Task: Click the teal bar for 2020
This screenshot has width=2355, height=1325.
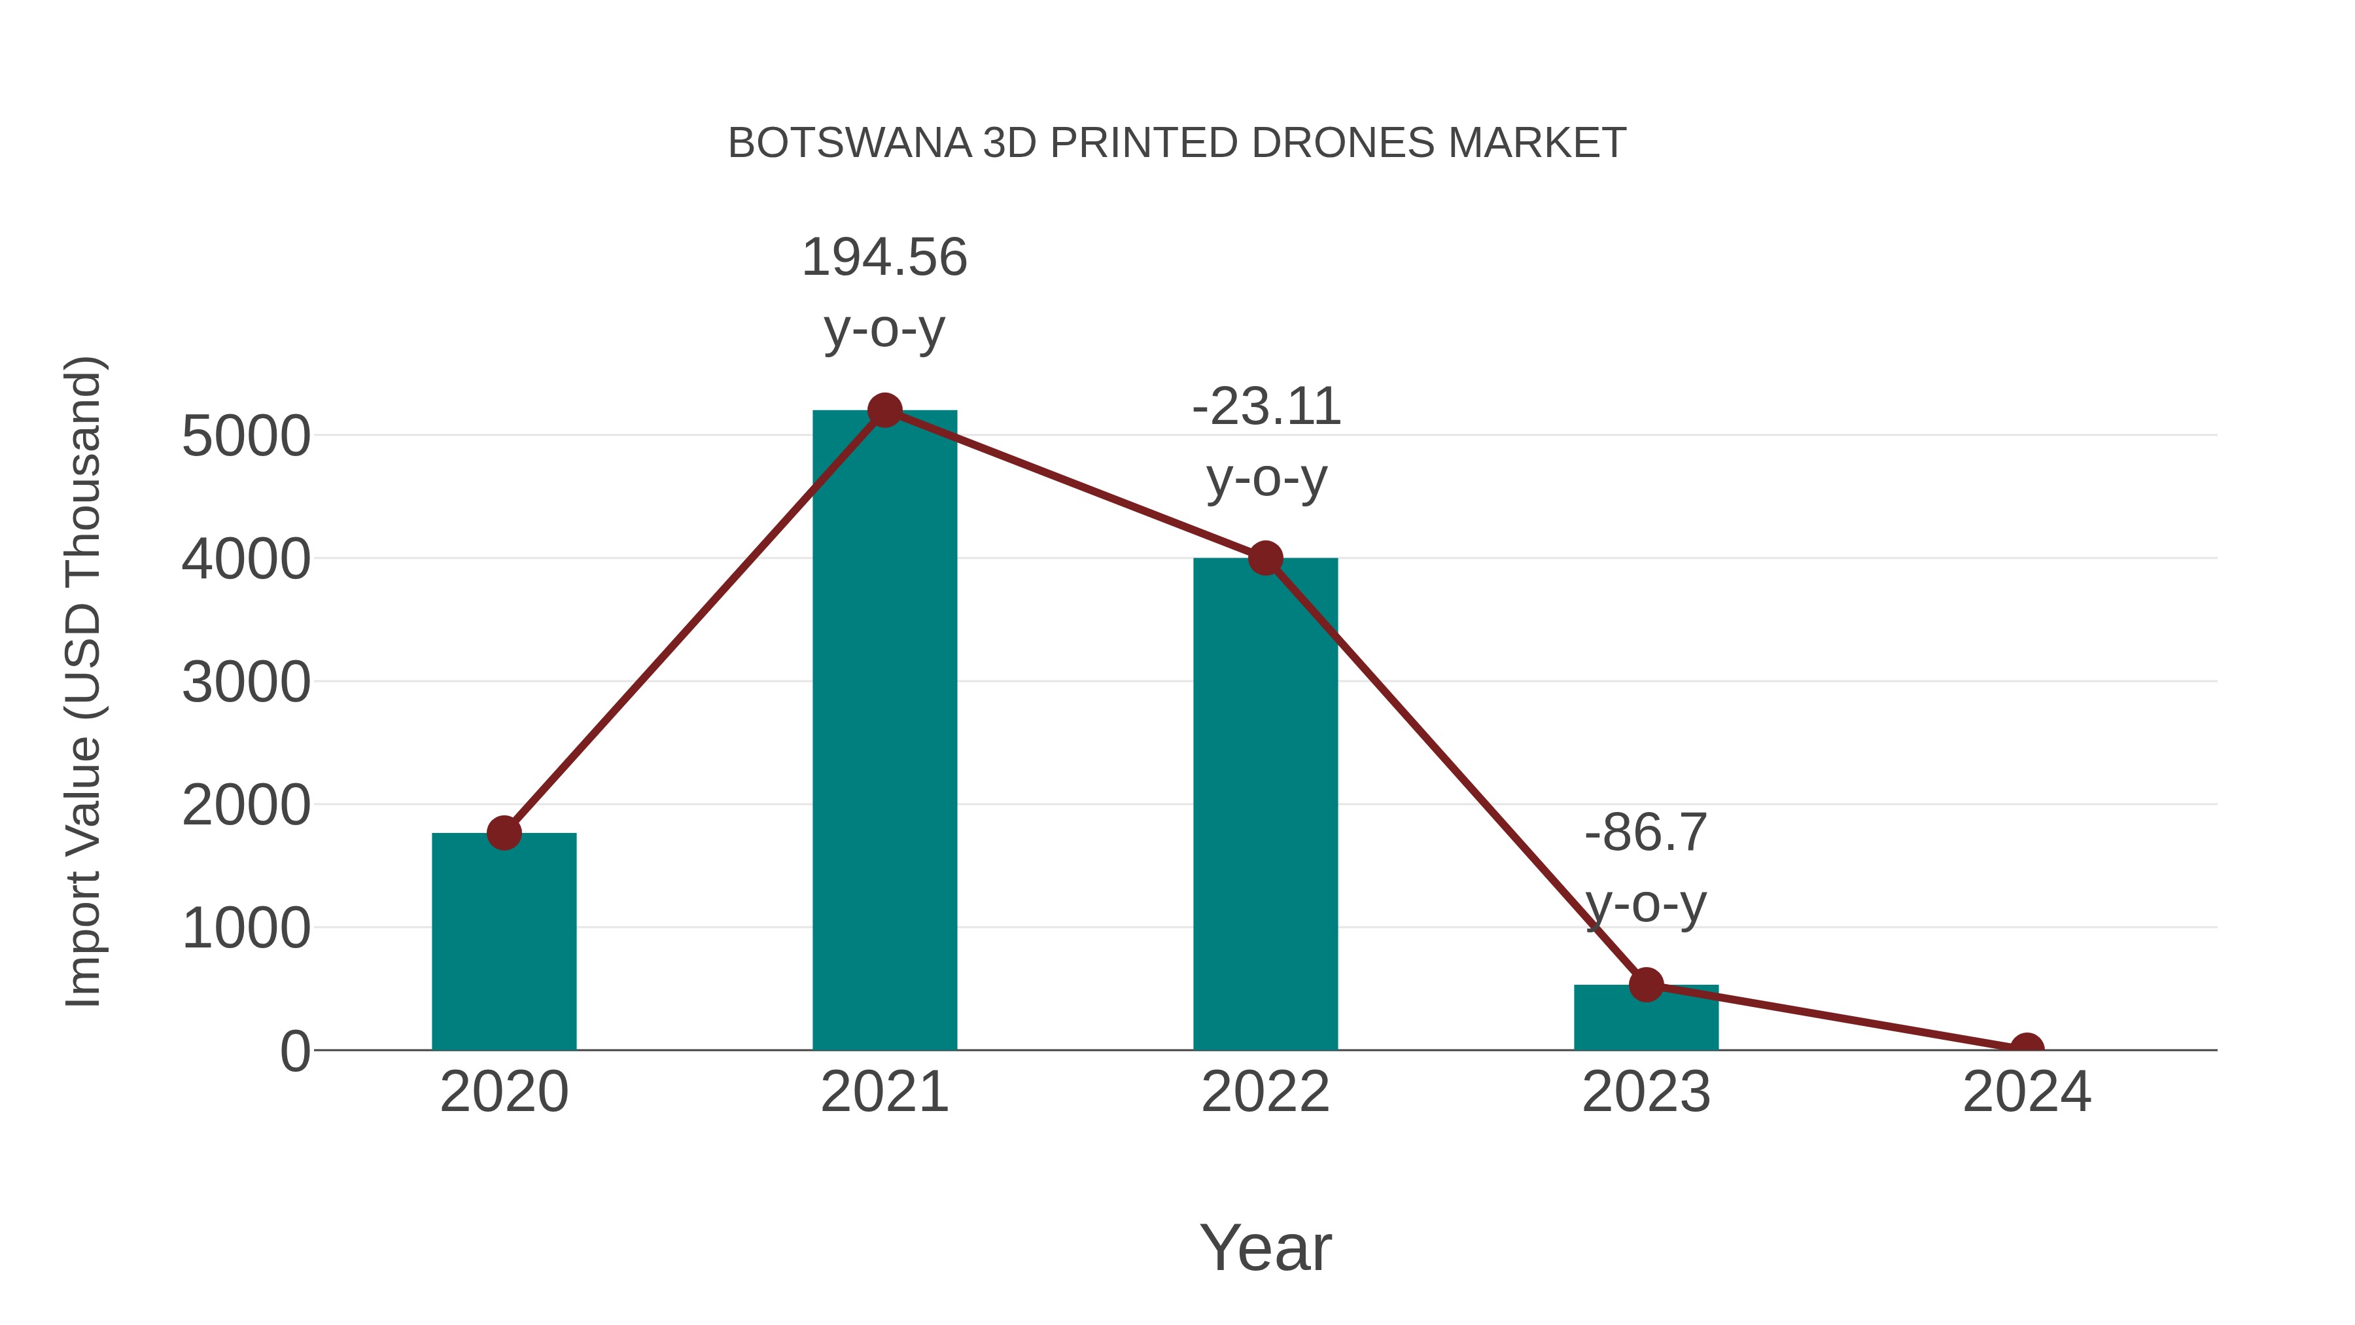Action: (504, 942)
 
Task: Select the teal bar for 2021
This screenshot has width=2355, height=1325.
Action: (884, 732)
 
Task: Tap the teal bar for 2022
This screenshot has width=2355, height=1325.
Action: (1265, 805)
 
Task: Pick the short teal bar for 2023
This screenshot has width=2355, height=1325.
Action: (1646, 1019)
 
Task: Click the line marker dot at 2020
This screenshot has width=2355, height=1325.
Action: (504, 833)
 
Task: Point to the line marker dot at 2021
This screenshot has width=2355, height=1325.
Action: (884, 410)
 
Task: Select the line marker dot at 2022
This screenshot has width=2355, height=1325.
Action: (1265, 557)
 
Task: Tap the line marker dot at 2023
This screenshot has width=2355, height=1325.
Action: (1646, 985)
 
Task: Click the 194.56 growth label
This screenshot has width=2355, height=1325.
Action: (884, 257)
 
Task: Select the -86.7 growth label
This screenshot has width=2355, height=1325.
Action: (1646, 833)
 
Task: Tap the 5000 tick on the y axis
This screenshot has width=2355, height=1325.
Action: (246, 436)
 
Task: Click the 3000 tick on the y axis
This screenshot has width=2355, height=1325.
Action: (246, 682)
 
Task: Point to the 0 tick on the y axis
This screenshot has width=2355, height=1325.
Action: (294, 1051)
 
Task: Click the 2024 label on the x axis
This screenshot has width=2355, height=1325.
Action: (2026, 1092)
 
